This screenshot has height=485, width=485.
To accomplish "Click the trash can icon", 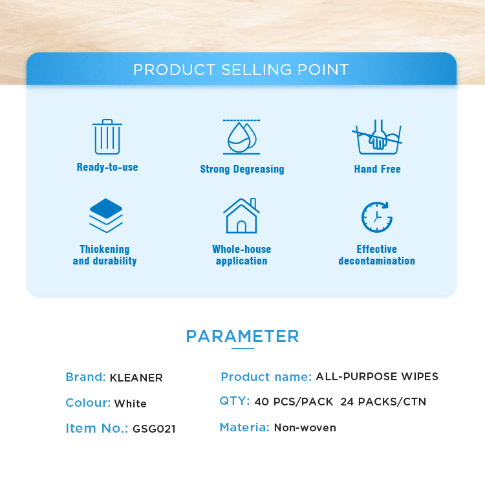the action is pyautogui.click(x=107, y=136).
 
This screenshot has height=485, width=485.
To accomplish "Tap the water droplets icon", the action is pyautogui.click(x=242, y=136).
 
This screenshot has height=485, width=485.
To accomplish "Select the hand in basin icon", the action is pyautogui.click(x=377, y=136).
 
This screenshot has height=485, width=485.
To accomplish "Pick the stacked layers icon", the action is pyautogui.click(x=106, y=215).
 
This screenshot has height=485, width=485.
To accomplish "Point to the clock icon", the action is pyautogui.click(x=377, y=217).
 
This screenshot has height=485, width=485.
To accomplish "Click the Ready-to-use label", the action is pyautogui.click(x=107, y=167).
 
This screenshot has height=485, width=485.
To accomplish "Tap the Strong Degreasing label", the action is pyautogui.click(x=242, y=169).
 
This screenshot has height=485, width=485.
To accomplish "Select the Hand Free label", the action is pyautogui.click(x=378, y=169).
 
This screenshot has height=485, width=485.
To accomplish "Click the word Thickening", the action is pyautogui.click(x=105, y=249).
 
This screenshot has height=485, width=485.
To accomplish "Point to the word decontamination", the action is pyautogui.click(x=377, y=261).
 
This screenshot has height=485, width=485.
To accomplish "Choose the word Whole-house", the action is pyautogui.click(x=242, y=249).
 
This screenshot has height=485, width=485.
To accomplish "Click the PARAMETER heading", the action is pyautogui.click(x=242, y=336).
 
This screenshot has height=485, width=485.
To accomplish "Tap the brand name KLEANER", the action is pyautogui.click(x=136, y=378).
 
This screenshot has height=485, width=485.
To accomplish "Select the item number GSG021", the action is pyautogui.click(x=154, y=429).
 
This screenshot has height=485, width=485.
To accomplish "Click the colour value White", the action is pyautogui.click(x=130, y=404).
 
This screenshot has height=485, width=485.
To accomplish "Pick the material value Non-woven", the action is pyautogui.click(x=305, y=427).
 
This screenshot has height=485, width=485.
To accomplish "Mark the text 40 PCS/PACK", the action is pyautogui.click(x=294, y=402).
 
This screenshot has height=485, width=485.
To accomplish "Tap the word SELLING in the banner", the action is pyautogui.click(x=257, y=70).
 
